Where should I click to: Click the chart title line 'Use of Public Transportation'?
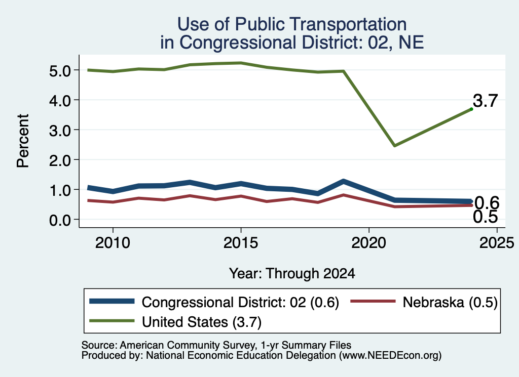292,24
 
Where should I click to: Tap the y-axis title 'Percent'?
23,141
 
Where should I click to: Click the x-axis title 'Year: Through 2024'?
292,274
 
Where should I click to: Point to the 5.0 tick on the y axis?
60,71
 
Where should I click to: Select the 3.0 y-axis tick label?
60,131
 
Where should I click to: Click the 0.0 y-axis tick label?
60,220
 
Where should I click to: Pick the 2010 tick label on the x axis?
113,243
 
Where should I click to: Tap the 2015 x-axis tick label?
241,243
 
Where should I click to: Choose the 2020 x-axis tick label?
369,243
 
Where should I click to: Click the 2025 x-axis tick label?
497,243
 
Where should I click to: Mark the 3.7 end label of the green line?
485,100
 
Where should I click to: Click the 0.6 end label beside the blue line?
487,202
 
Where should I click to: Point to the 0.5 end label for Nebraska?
485,217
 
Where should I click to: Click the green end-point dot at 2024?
471,109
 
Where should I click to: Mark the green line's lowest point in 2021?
394,145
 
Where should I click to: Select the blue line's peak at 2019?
343,181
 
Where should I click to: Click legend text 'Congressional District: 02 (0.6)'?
240,302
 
